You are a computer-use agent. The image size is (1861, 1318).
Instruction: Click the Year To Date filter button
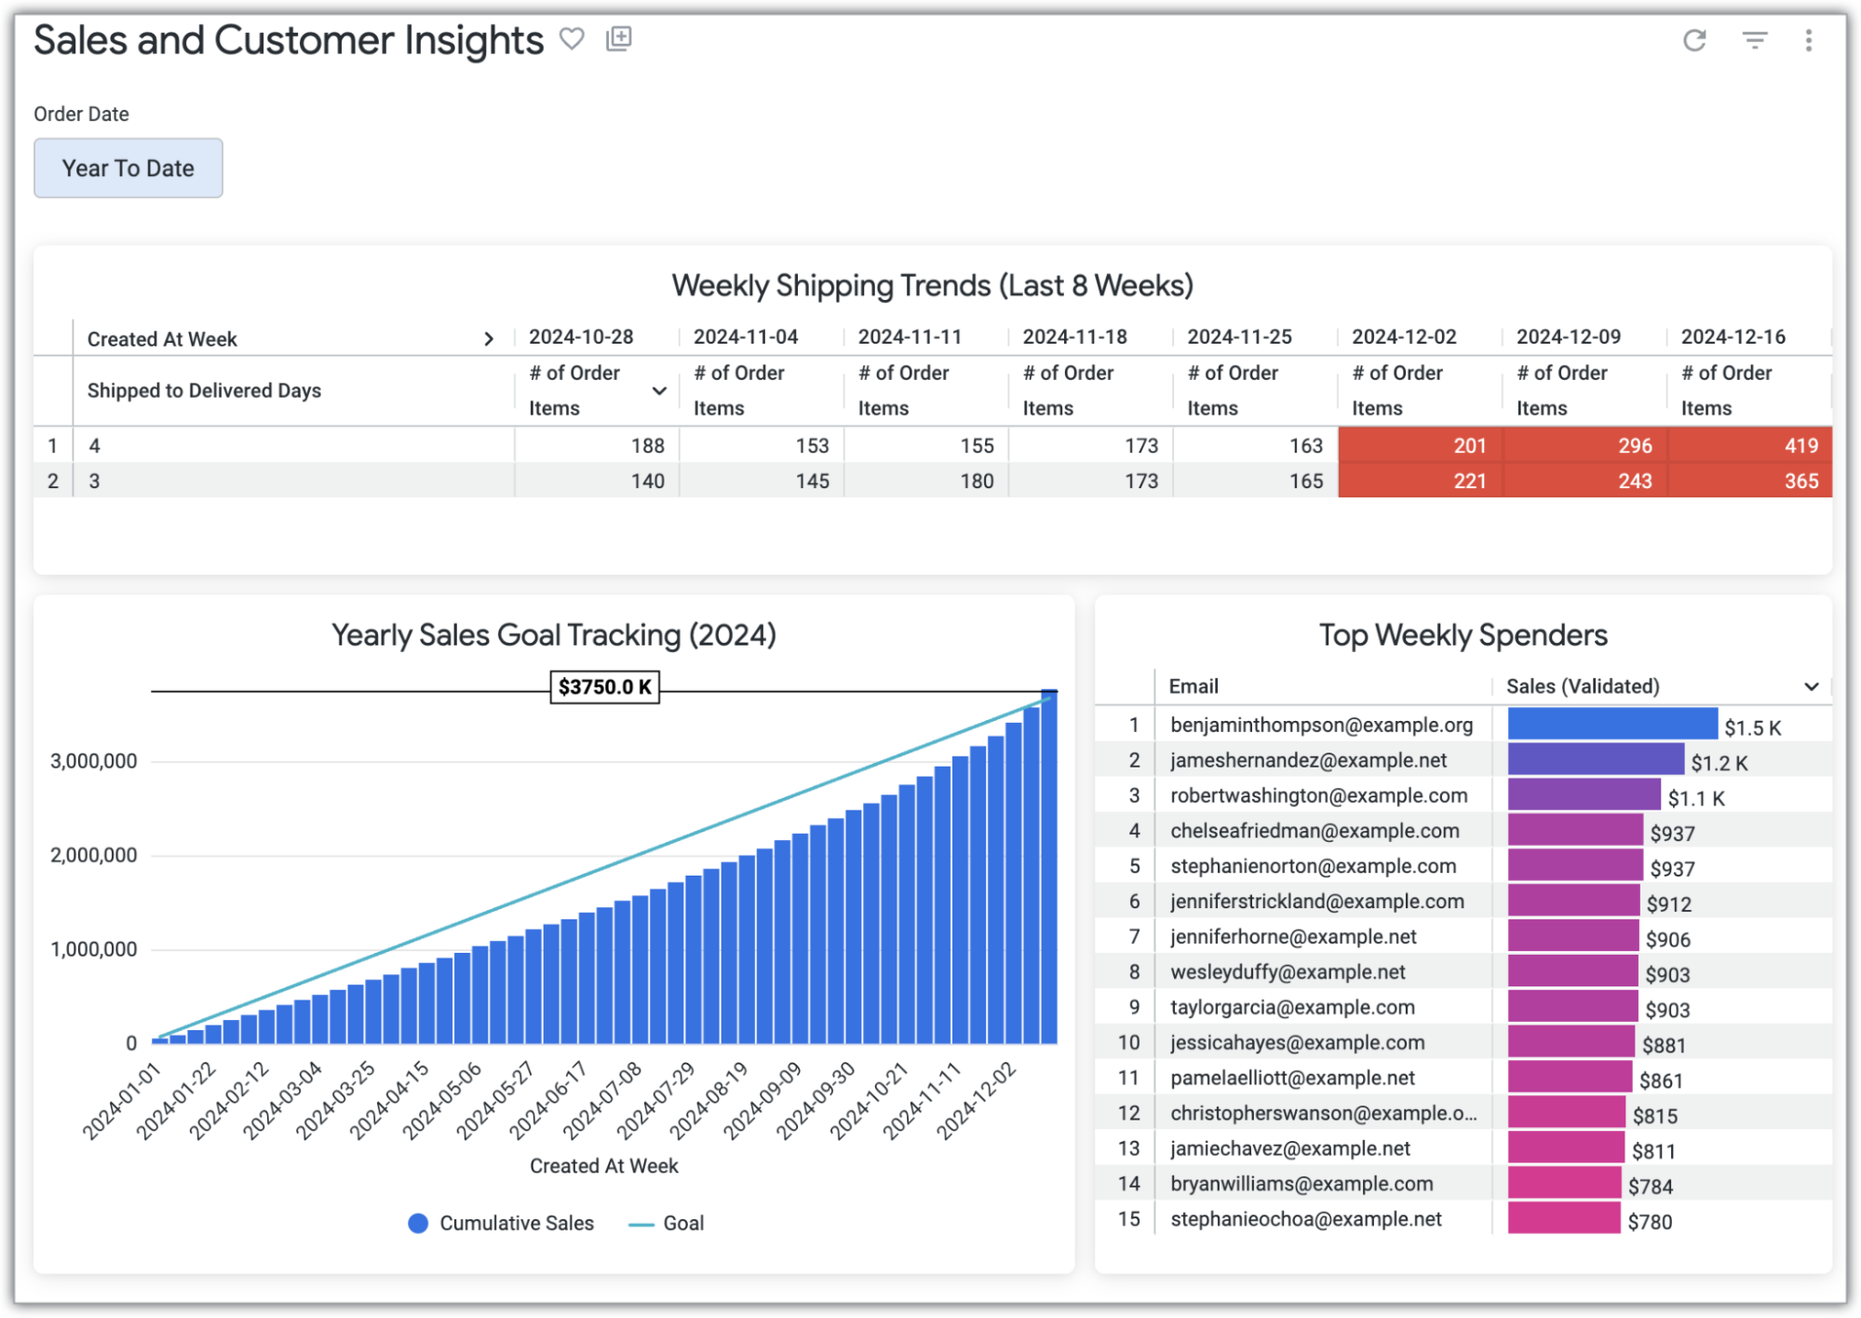point(128,169)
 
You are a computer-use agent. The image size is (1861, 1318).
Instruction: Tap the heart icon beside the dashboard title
point(572,39)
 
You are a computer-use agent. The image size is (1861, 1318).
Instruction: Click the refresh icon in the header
point(1693,40)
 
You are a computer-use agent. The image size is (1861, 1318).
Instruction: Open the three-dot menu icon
point(1808,40)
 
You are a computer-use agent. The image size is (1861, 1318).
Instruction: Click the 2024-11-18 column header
point(1074,337)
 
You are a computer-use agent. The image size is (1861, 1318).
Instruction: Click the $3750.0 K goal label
point(604,687)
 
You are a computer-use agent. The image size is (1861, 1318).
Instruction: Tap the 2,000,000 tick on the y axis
point(94,855)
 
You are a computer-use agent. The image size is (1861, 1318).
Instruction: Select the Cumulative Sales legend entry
point(501,1223)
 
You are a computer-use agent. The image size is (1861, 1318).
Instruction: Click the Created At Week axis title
point(603,1166)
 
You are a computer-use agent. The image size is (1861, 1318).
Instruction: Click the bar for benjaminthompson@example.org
point(1612,725)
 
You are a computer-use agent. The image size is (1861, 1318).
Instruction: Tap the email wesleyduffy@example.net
point(1288,972)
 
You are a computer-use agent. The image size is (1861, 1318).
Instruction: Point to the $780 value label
point(1650,1221)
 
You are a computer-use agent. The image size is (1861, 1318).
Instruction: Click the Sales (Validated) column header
point(1583,686)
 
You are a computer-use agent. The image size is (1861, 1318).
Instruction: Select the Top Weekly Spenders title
point(1463,635)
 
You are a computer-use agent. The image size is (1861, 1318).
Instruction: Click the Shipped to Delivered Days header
point(204,390)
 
